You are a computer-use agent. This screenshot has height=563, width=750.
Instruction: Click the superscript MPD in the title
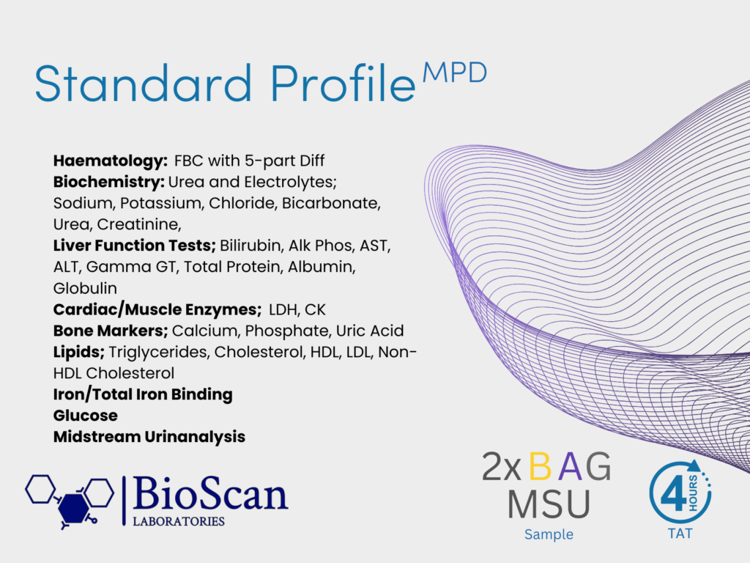pyautogui.click(x=455, y=73)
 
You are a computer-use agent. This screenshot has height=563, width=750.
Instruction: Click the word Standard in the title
pyautogui.click(x=143, y=84)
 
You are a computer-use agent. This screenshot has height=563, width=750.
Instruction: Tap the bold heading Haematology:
pyautogui.click(x=111, y=161)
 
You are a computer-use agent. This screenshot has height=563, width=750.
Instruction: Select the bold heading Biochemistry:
pyautogui.click(x=109, y=182)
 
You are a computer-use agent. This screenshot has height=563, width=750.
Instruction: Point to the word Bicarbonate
pyautogui.click(x=331, y=203)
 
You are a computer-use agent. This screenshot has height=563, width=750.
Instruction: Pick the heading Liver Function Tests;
pyautogui.click(x=135, y=246)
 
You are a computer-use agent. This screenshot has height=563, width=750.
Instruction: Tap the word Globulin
pyautogui.click(x=85, y=288)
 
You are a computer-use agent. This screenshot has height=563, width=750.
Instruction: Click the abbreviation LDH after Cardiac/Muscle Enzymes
pyautogui.click(x=283, y=310)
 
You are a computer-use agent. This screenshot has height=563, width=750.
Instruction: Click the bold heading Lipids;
pyautogui.click(x=79, y=353)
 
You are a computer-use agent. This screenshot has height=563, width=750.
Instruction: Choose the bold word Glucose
pyautogui.click(x=86, y=416)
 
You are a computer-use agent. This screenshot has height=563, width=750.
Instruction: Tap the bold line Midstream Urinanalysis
pyautogui.click(x=149, y=437)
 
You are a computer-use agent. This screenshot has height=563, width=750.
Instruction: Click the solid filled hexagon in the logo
pyautogui.click(x=74, y=508)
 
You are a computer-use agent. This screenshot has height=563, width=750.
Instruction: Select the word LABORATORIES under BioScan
pyautogui.click(x=179, y=521)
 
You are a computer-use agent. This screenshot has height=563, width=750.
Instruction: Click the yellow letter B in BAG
pyautogui.click(x=541, y=467)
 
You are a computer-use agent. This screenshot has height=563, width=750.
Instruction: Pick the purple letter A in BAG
pyautogui.click(x=570, y=467)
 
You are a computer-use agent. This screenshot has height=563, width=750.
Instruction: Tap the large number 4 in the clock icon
pyautogui.click(x=674, y=493)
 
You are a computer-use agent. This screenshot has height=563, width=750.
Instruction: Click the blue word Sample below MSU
pyautogui.click(x=549, y=534)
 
